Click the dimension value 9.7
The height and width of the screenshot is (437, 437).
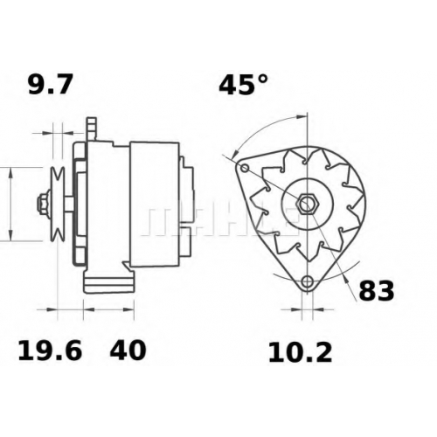(50, 85)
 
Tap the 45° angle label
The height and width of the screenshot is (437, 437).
(243, 85)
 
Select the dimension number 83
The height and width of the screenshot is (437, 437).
(376, 290)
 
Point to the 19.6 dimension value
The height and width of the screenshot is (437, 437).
(50, 350)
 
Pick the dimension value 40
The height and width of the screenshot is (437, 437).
(128, 350)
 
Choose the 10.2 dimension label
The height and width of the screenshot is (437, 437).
(300, 352)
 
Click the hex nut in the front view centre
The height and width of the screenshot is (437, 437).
(307, 202)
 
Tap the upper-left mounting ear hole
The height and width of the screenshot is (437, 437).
(245, 168)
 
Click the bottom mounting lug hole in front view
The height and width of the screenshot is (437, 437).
(307, 281)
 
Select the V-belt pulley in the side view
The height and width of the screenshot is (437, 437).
(58, 205)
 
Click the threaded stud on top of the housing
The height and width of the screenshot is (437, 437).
(92, 128)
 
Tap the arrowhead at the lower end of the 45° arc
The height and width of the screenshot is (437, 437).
(235, 155)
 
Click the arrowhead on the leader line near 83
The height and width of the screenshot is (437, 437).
(345, 279)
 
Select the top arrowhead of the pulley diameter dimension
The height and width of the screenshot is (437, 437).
(10, 174)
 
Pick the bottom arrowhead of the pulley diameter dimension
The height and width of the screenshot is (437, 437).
(10, 235)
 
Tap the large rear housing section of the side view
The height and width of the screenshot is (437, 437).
(155, 205)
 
